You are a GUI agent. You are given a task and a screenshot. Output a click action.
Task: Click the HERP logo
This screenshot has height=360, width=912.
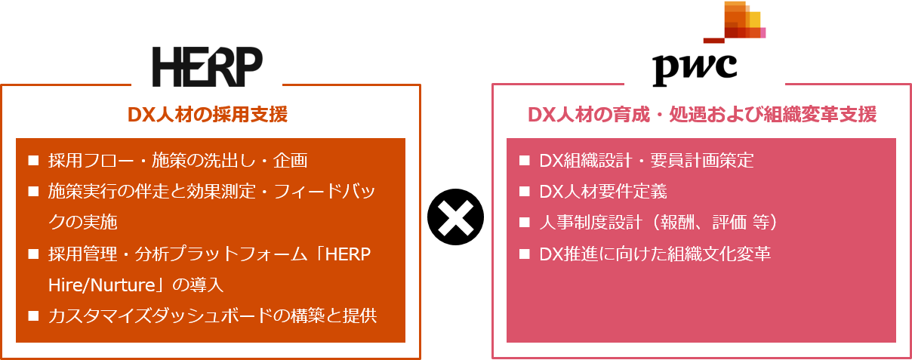[208, 66]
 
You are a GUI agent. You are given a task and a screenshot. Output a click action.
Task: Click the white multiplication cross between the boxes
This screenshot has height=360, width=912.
[456, 220]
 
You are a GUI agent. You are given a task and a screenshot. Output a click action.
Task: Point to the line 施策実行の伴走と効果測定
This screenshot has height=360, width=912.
[211, 192]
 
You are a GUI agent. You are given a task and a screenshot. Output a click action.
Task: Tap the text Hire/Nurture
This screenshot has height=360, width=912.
[97, 285]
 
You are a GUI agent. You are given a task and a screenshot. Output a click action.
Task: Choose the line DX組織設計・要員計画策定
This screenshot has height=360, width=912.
[646, 161]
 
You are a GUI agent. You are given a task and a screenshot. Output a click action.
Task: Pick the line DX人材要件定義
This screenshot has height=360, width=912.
[603, 192]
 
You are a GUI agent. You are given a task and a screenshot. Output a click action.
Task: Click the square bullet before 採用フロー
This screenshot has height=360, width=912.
[32, 161]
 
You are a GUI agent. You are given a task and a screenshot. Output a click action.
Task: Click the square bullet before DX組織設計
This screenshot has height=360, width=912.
[524, 161]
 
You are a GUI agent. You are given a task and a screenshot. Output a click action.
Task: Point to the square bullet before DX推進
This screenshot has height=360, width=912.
[524, 254]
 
